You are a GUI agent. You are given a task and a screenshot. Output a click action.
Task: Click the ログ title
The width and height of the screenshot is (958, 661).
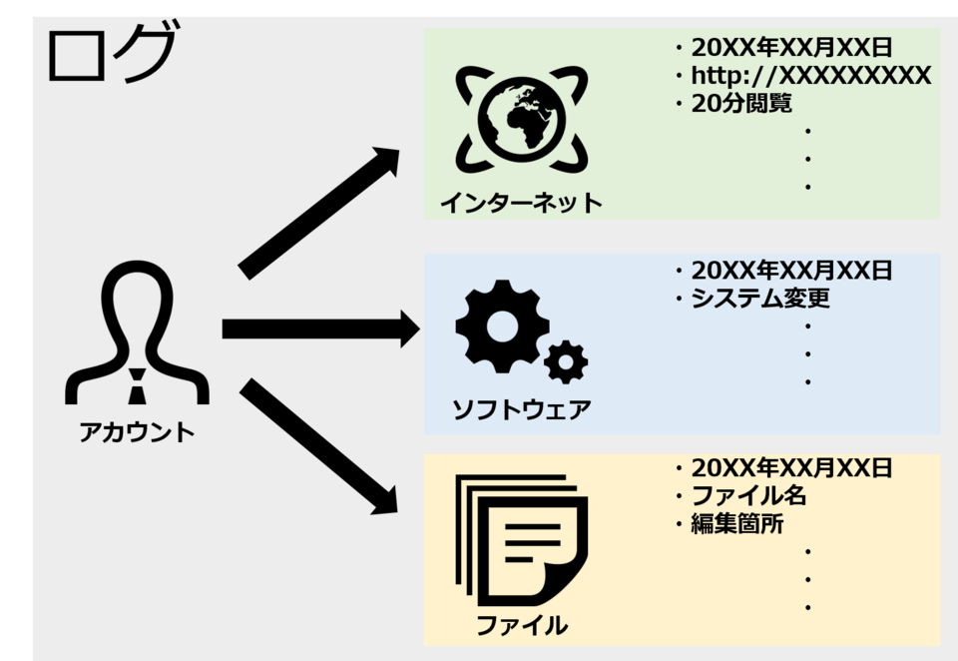coord(110,55)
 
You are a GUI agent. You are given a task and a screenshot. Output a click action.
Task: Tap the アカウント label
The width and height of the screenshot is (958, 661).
coord(138,432)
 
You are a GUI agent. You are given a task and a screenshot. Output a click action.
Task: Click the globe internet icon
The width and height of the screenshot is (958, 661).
coord(520,118)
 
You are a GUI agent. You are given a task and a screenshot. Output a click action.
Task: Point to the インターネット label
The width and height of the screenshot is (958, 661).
coord(521,204)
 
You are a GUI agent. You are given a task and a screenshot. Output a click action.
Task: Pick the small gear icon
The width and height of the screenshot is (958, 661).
coord(567,360)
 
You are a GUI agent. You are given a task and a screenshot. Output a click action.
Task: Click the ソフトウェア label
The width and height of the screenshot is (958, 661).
coord(521,409)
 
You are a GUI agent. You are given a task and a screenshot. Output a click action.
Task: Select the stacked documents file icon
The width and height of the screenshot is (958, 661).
coord(522,539)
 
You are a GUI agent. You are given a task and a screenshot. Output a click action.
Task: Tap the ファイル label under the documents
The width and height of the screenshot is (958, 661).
coord(521,626)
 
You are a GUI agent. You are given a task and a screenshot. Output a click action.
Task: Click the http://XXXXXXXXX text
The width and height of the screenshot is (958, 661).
coord(810,76)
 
